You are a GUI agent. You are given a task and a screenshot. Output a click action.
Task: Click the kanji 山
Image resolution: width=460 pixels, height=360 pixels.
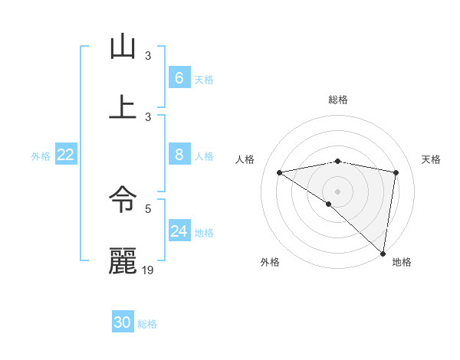click(123, 47)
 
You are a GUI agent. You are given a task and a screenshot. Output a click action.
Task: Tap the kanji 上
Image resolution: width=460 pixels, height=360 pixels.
click(123, 106)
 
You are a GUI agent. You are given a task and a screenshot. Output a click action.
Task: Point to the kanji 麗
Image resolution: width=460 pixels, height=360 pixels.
click(123, 261)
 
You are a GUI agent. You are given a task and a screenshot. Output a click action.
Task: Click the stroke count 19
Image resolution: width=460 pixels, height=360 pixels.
click(149, 270)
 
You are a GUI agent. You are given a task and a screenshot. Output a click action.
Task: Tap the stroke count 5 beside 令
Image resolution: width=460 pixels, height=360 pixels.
click(149, 208)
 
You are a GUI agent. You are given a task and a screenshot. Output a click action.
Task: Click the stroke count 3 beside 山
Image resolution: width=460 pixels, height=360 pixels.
click(149, 55)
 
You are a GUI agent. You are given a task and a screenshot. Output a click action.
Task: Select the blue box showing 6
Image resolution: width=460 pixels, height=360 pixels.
click(179, 78)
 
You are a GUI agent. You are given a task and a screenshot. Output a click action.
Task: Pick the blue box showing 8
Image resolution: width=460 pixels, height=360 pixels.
click(179, 155)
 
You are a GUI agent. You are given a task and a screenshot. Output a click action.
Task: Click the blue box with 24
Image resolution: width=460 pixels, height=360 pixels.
click(179, 231)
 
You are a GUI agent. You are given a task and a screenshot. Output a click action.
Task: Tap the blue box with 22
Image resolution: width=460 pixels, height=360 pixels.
click(65, 155)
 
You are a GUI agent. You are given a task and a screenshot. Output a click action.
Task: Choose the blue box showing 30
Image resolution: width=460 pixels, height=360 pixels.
click(123, 322)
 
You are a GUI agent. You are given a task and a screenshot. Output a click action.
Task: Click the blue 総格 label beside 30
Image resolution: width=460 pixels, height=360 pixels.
click(147, 324)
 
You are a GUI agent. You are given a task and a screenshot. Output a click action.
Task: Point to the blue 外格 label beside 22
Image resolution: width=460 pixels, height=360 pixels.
click(41, 156)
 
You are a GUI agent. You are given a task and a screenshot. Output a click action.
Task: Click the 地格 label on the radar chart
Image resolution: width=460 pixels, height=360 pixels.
click(402, 262)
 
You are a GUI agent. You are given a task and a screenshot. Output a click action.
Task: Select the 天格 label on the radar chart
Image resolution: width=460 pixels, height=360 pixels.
click(431, 159)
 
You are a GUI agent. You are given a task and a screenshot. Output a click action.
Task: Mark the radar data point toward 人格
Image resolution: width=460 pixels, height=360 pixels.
click(280, 172)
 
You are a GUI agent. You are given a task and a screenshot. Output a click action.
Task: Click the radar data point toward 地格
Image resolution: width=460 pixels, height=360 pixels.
click(383, 253)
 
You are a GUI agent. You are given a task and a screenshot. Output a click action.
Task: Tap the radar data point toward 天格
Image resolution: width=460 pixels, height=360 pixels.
click(396, 172)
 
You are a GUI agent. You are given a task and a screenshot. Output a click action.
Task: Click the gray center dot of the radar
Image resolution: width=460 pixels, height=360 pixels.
click(337, 191)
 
